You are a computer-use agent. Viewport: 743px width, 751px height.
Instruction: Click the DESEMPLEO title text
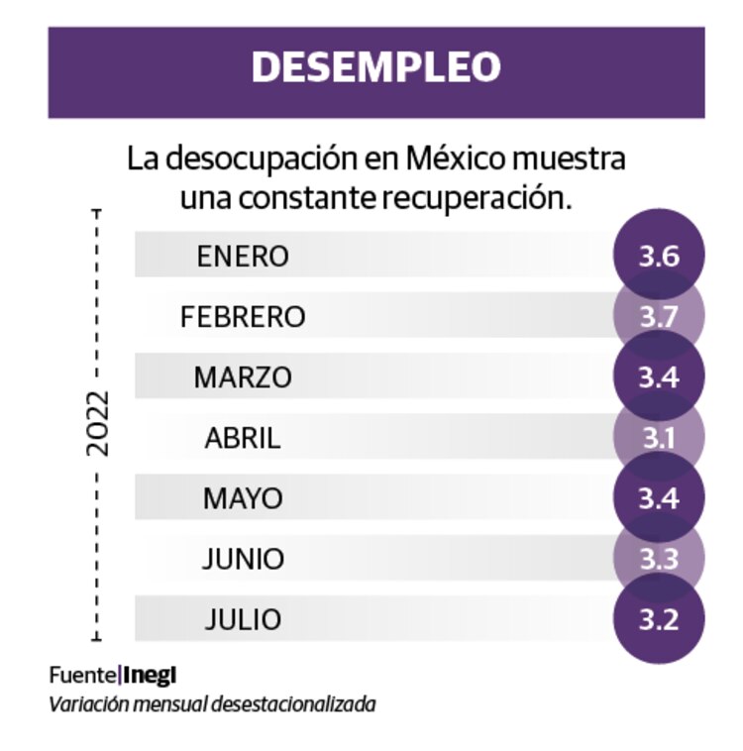click(x=375, y=67)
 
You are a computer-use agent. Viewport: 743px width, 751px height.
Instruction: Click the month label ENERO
click(x=243, y=257)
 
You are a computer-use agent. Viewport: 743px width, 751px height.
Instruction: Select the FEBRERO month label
click(x=243, y=317)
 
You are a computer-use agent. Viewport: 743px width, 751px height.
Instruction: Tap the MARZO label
click(x=243, y=377)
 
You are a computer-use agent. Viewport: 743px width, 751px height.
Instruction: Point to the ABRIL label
click(x=243, y=438)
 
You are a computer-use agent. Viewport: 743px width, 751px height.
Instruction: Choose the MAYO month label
click(x=243, y=498)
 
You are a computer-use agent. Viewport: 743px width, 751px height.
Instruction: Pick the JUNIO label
click(x=243, y=559)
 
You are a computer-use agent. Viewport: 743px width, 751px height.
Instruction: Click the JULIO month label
click(x=243, y=619)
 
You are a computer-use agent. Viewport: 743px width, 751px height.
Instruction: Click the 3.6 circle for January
click(x=659, y=257)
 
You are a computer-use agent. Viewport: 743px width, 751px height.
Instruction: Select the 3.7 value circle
click(x=659, y=317)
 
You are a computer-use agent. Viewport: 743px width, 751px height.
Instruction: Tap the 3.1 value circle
click(x=659, y=438)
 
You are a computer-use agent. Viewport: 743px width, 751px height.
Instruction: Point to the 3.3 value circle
click(x=659, y=559)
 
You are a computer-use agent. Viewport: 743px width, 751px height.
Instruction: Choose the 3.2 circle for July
click(x=659, y=619)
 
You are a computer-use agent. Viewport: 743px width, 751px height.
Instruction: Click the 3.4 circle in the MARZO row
click(x=659, y=377)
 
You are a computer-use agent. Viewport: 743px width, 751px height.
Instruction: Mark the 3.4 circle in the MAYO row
click(x=659, y=498)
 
